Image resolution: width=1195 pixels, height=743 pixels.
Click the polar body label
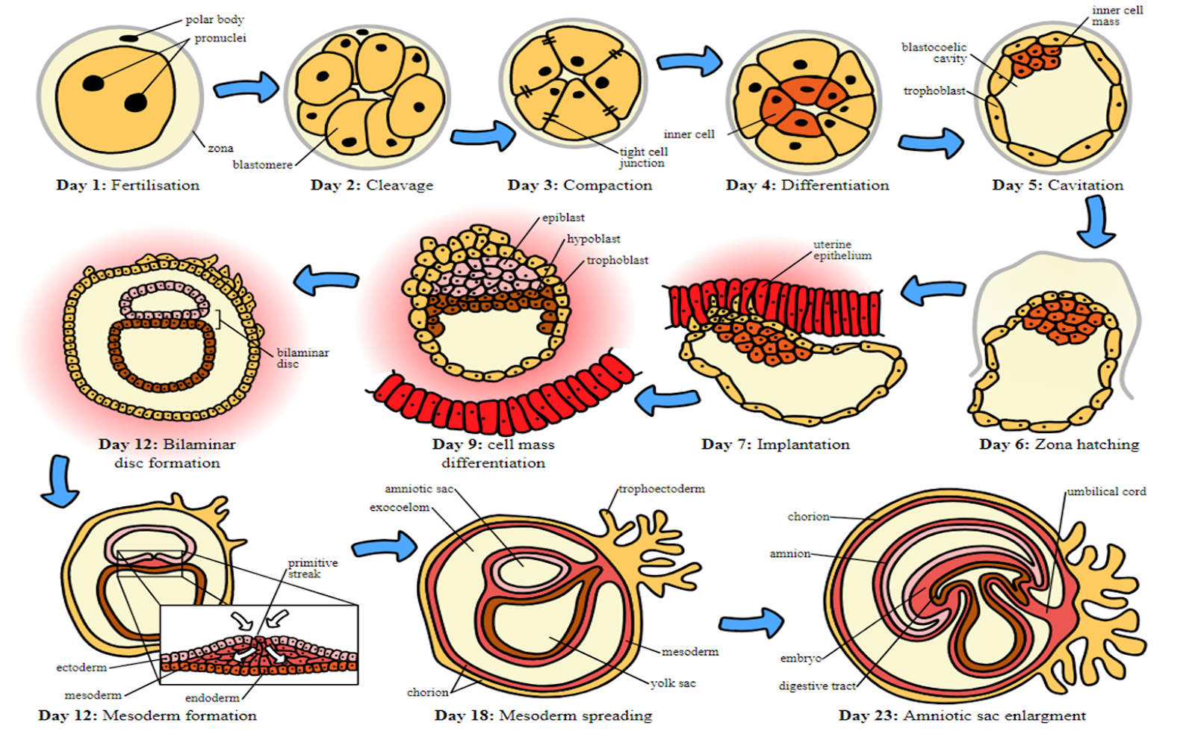click(x=214, y=19)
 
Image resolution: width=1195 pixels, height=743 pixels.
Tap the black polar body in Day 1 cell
click(x=129, y=37)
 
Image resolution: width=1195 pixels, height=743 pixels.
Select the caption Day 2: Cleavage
click(x=371, y=185)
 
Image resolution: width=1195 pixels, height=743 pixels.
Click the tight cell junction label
click(x=643, y=157)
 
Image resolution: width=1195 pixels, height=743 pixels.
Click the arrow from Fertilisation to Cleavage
click(x=246, y=87)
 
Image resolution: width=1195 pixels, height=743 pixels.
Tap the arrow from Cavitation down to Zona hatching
click(x=1096, y=221)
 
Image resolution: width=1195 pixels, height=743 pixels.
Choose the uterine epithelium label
click(x=842, y=249)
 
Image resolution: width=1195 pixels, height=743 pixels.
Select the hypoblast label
click(x=593, y=239)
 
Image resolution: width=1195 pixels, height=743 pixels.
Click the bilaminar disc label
click(x=302, y=358)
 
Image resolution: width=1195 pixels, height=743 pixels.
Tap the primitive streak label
click(x=312, y=568)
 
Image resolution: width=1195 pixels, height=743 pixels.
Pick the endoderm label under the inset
click(x=212, y=697)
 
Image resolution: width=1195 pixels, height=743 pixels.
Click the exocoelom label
click(x=400, y=507)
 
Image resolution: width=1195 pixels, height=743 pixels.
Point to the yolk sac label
click(x=672, y=683)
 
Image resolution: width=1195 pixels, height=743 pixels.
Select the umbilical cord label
click(x=1105, y=491)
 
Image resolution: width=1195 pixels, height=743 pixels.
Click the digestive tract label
click(x=817, y=686)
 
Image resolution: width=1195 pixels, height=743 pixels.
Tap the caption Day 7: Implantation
click(x=775, y=444)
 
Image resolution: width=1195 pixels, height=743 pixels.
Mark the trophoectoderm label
click(x=661, y=488)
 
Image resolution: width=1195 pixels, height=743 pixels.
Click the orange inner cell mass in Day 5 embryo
click(x=1034, y=56)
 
